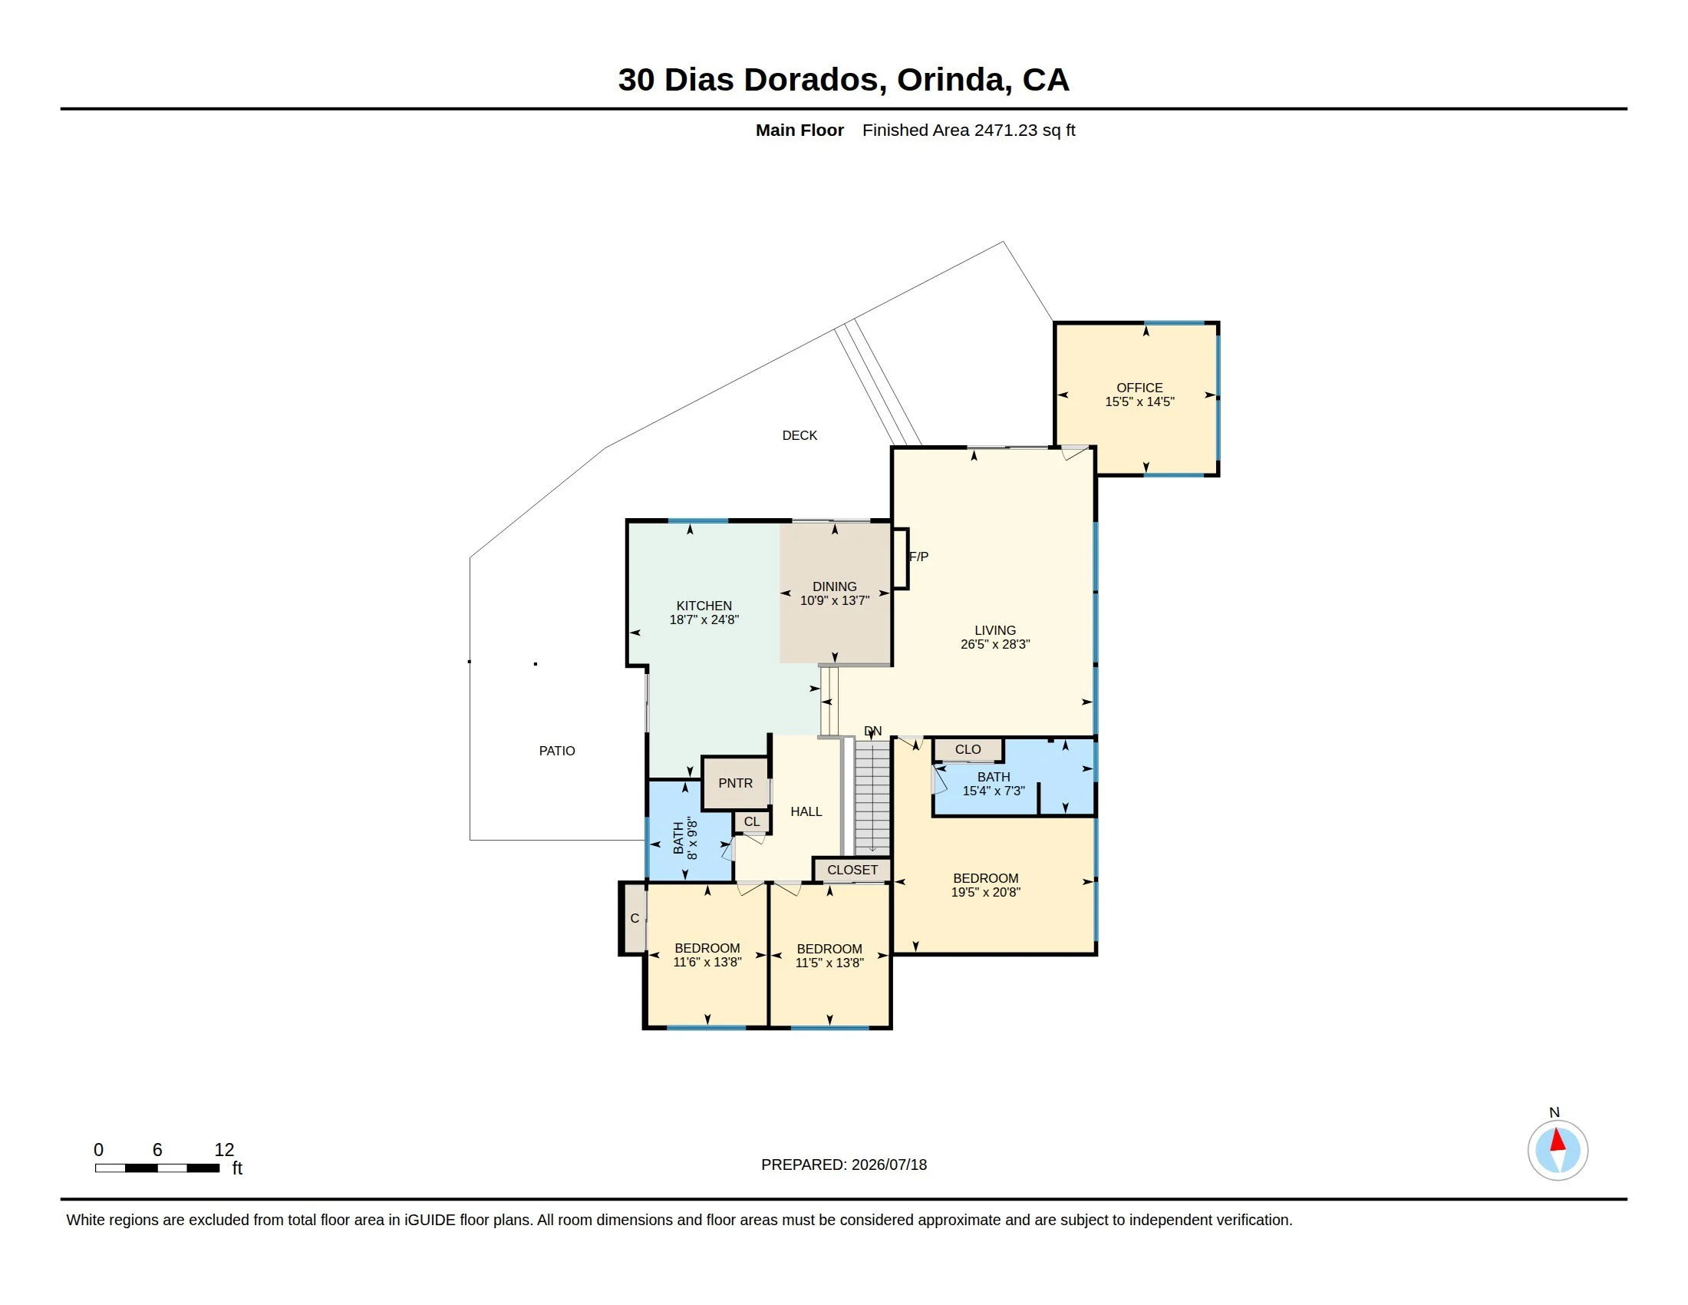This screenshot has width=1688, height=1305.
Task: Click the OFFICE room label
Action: pyautogui.click(x=1139, y=388)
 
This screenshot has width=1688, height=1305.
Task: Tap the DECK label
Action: pyautogui.click(x=799, y=435)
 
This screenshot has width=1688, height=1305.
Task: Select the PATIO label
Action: pyautogui.click(x=556, y=751)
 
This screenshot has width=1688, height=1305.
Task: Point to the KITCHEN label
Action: pyautogui.click(x=704, y=606)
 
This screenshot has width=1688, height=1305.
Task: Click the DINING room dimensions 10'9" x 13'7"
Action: pyautogui.click(x=835, y=601)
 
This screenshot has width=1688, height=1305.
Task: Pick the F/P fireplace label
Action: pyautogui.click(x=919, y=557)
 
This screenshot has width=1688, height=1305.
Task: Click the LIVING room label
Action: pyautogui.click(x=994, y=630)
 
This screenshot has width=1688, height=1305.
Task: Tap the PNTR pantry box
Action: pyautogui.click(x=735, y=783)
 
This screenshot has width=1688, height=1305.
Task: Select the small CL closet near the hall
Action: pyautogui.click(x=751, y=822)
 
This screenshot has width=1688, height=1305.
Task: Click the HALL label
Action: pyautogui.click(x=806, y=811)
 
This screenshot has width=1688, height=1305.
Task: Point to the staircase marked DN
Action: pyautogui.click(x=872, y=797)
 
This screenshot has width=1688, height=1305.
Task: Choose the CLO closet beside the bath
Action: pyautogui.click(x=968, y=750)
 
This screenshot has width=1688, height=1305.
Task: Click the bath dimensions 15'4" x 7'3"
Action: pyautogui.click(x=994, y=791)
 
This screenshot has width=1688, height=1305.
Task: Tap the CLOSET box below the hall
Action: pyautogui.click(x=852, y=870)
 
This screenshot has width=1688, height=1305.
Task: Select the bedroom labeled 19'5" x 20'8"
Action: pyautogui.click(x=985, y=885)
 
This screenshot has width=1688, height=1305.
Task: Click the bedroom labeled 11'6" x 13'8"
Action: pyautogui.click(x=707, y=955)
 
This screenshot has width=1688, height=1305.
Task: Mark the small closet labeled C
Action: pyautogui.click(x=635, y=918)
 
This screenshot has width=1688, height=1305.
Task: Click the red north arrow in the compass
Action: pyautogui.click(x=1558, y=1140)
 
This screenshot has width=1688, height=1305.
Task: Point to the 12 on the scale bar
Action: pyautogui.click(x=224, y=1150)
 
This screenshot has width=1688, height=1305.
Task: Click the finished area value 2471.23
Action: pyautogui.click(x=1006, y=130)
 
